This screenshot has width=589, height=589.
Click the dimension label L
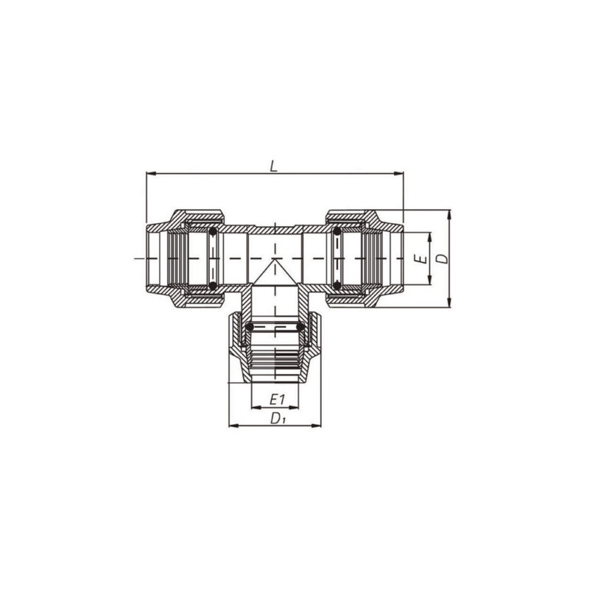click(274, 166)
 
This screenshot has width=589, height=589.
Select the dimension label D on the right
click(443, 258)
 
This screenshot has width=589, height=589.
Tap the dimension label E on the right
click(423, 258)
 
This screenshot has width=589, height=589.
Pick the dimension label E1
click(277, 400)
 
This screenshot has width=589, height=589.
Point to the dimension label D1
click(278, 418)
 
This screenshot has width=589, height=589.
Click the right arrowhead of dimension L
click(399, 174)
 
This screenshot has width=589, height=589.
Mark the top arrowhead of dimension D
click(449, 214)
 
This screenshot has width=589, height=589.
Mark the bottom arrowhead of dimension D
click(449, 303)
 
